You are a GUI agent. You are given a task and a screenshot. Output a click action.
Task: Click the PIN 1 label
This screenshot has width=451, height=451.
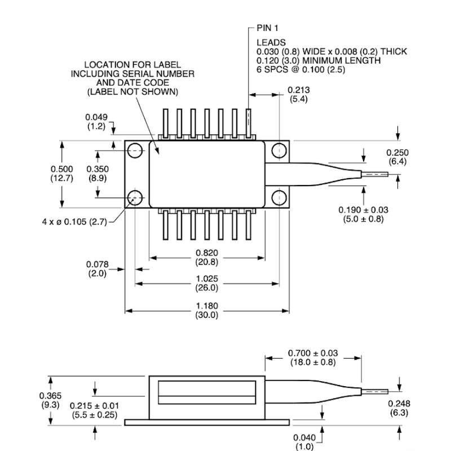[x=268, y=28]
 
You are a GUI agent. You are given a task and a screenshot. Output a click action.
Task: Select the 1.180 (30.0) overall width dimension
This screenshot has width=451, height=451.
[x=206, y=311]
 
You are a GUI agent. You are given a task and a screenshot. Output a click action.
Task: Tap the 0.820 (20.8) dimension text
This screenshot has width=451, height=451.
[x=206, y=258]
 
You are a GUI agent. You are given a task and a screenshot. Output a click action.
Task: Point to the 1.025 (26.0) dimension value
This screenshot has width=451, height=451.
[x=206, y=284]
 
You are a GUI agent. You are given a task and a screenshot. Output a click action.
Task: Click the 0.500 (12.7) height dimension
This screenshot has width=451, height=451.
[x=62, y=174]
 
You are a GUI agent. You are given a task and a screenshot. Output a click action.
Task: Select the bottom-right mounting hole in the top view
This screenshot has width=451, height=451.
[x=278, y=197]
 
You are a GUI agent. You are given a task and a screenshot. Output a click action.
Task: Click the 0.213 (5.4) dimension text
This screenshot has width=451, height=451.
[x=298, y=94]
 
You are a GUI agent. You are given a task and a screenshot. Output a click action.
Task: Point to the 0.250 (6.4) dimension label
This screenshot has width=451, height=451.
[x=397, y=157]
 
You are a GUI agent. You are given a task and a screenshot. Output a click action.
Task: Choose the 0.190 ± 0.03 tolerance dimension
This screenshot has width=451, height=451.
[x=363, y=214]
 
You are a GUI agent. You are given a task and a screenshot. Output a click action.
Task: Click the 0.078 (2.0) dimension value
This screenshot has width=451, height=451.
[x=98, y=269]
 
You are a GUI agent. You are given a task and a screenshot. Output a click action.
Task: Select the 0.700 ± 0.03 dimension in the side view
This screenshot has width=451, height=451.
[x=312, y=357]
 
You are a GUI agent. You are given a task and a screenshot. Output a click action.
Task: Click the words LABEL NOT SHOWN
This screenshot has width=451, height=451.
[x=132, y=91]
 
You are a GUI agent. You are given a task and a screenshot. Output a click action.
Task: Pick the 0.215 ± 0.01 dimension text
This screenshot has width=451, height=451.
[x=94, y=410]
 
